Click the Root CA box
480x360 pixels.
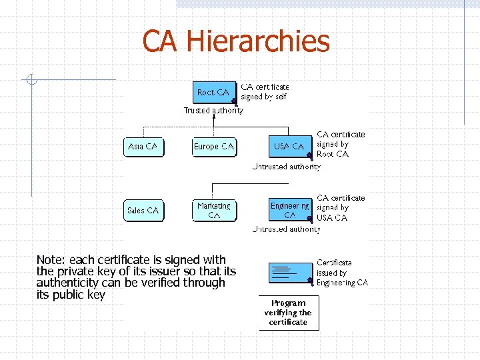click(213, 92)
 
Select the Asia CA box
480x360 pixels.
click(143, 146)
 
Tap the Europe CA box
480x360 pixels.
click(214, 146)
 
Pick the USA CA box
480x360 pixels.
click(289, 146)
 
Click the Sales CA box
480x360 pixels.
click(143, 211)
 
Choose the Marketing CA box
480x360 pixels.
click(214, 211)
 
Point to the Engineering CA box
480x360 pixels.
click(290, 211)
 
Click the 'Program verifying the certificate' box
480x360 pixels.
click(288, 313)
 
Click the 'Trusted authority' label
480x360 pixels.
click(213, 111)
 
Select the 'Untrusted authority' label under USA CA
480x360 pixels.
click(287, 167)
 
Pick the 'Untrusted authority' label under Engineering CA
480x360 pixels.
click(287, 229)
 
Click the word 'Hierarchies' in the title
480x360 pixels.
click(257, 41)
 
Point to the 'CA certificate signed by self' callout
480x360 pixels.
click(265, 92)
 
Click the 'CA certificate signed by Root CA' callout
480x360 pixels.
click(341, 144)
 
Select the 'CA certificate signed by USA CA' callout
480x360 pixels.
click(341, 207)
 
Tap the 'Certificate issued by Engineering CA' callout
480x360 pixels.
click(342, 273)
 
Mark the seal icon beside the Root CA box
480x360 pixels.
click(234, 101)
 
